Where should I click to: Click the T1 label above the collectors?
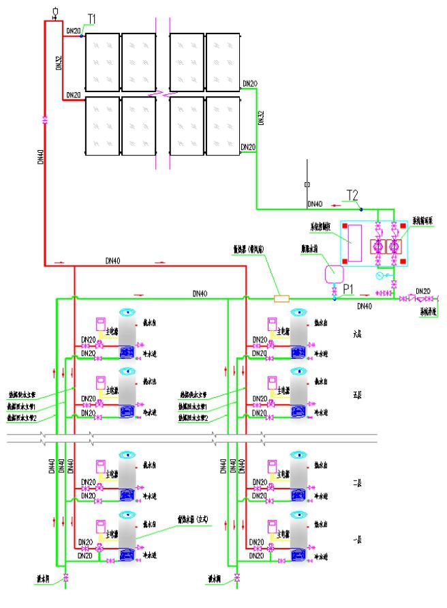(x=91, y=18)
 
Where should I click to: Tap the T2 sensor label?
(x=352, y=196)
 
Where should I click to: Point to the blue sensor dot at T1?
(x=81, y=36)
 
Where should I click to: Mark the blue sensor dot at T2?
(x=361, y=208)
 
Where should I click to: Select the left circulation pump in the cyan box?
(x=377, y=246)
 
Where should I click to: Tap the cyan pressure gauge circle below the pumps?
(x=379, y=276)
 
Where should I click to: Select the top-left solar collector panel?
(x=102, y=61)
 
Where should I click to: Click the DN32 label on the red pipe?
(x=58, y=63)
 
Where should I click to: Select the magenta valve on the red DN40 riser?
(x=45, y=120)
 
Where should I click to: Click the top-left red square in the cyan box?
(x=345, y=227)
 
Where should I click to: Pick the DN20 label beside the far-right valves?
(x=423, y=291)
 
